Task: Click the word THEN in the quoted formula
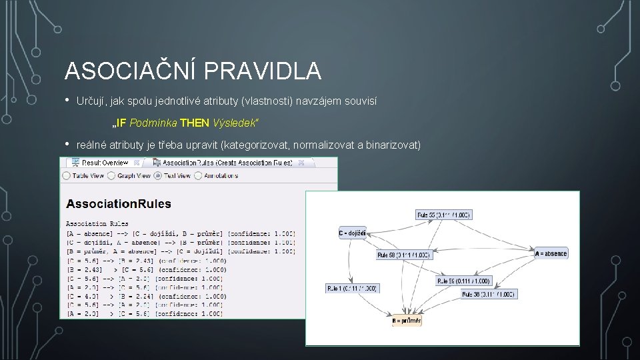[195, 123]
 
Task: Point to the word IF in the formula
[121, 123]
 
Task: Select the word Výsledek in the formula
[235, 123]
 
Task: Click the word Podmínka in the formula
[153, 123]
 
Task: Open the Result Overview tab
[100, 162]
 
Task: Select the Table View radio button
[66, 176]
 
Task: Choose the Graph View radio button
[111, 176]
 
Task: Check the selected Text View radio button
[157, 176]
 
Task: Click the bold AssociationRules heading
[118, 204]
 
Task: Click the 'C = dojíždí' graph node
[352, 233]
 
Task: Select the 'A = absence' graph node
[551, 253]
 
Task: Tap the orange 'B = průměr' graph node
[406, 321]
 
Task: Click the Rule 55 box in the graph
[443, 215]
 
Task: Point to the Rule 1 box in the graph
[352, 288]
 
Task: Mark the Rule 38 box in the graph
[489, 294]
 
